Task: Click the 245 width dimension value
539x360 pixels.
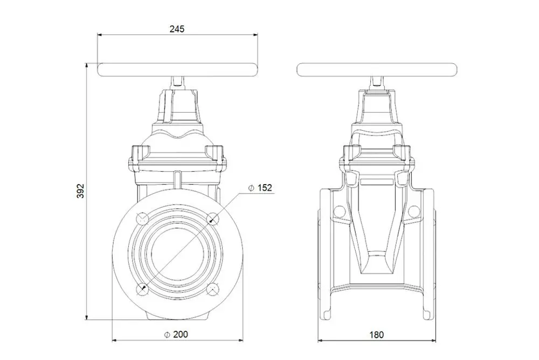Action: coord(177,29)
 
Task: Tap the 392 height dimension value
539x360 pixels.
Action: coord(80,191)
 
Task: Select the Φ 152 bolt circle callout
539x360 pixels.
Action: coord(260,188)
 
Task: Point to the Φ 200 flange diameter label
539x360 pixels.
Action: coord(176,334)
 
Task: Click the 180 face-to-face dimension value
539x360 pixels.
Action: coord(376,334)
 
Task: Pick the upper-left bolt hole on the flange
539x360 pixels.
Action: coord(142,219)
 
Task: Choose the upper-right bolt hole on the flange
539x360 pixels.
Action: coord(213,219)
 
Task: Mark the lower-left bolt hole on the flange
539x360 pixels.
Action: coord(142,289)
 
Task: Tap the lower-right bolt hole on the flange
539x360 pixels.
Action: coord(213,289)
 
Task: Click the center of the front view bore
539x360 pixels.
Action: coord(178,254)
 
